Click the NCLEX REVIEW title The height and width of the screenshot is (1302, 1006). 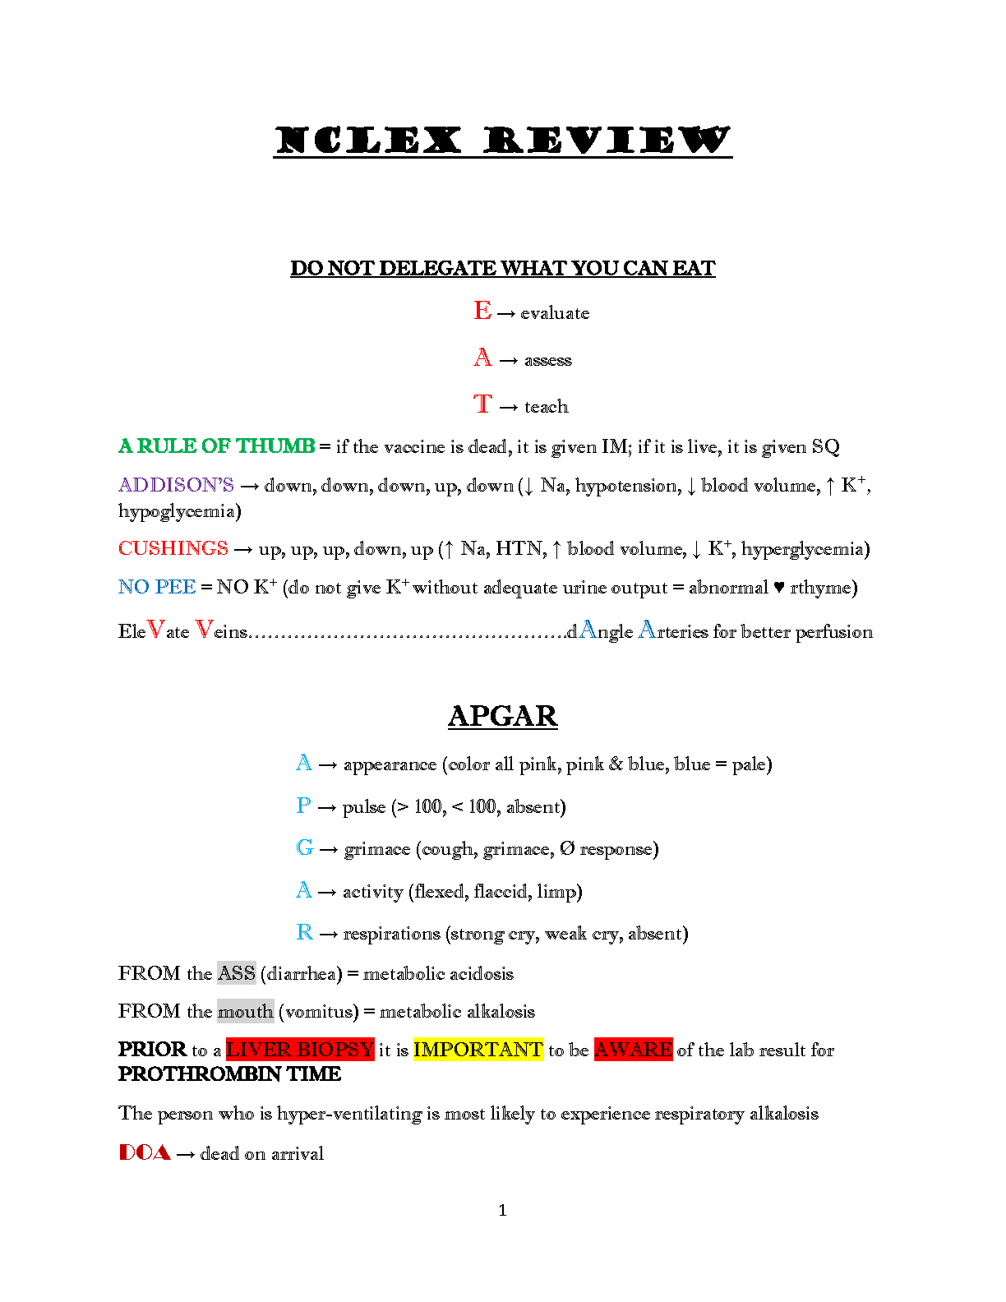tap(502, 141)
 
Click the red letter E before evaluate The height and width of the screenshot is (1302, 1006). tap(482, 311)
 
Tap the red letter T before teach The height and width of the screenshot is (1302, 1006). tap(482, 404)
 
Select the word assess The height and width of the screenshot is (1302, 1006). tap(548, 360)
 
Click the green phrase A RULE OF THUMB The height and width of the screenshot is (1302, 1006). tap(217, 446)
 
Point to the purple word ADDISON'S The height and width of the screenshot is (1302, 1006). tap(176, 485)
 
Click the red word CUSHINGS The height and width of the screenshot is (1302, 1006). tap(173, 548)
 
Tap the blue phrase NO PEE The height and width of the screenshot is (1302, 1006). tap(157, 587)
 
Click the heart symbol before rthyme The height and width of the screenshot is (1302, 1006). tap(779, 588)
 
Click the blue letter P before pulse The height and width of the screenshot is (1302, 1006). tap(303, 806)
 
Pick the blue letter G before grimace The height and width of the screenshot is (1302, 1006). tap(305, 847)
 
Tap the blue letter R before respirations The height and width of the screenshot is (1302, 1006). tap(305, 932)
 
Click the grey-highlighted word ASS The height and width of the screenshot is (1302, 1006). tap(237, 973)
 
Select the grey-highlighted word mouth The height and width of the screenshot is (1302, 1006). tap(245, 1011)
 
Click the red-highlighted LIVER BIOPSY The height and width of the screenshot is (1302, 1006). tap(300, 1050)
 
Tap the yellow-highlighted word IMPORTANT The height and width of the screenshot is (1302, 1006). tap(478, 1050)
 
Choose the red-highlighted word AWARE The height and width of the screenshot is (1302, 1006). tap(633, 1050)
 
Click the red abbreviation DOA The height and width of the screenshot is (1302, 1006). tap(145, 1152)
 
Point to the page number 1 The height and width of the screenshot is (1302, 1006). tap(502, 1210)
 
